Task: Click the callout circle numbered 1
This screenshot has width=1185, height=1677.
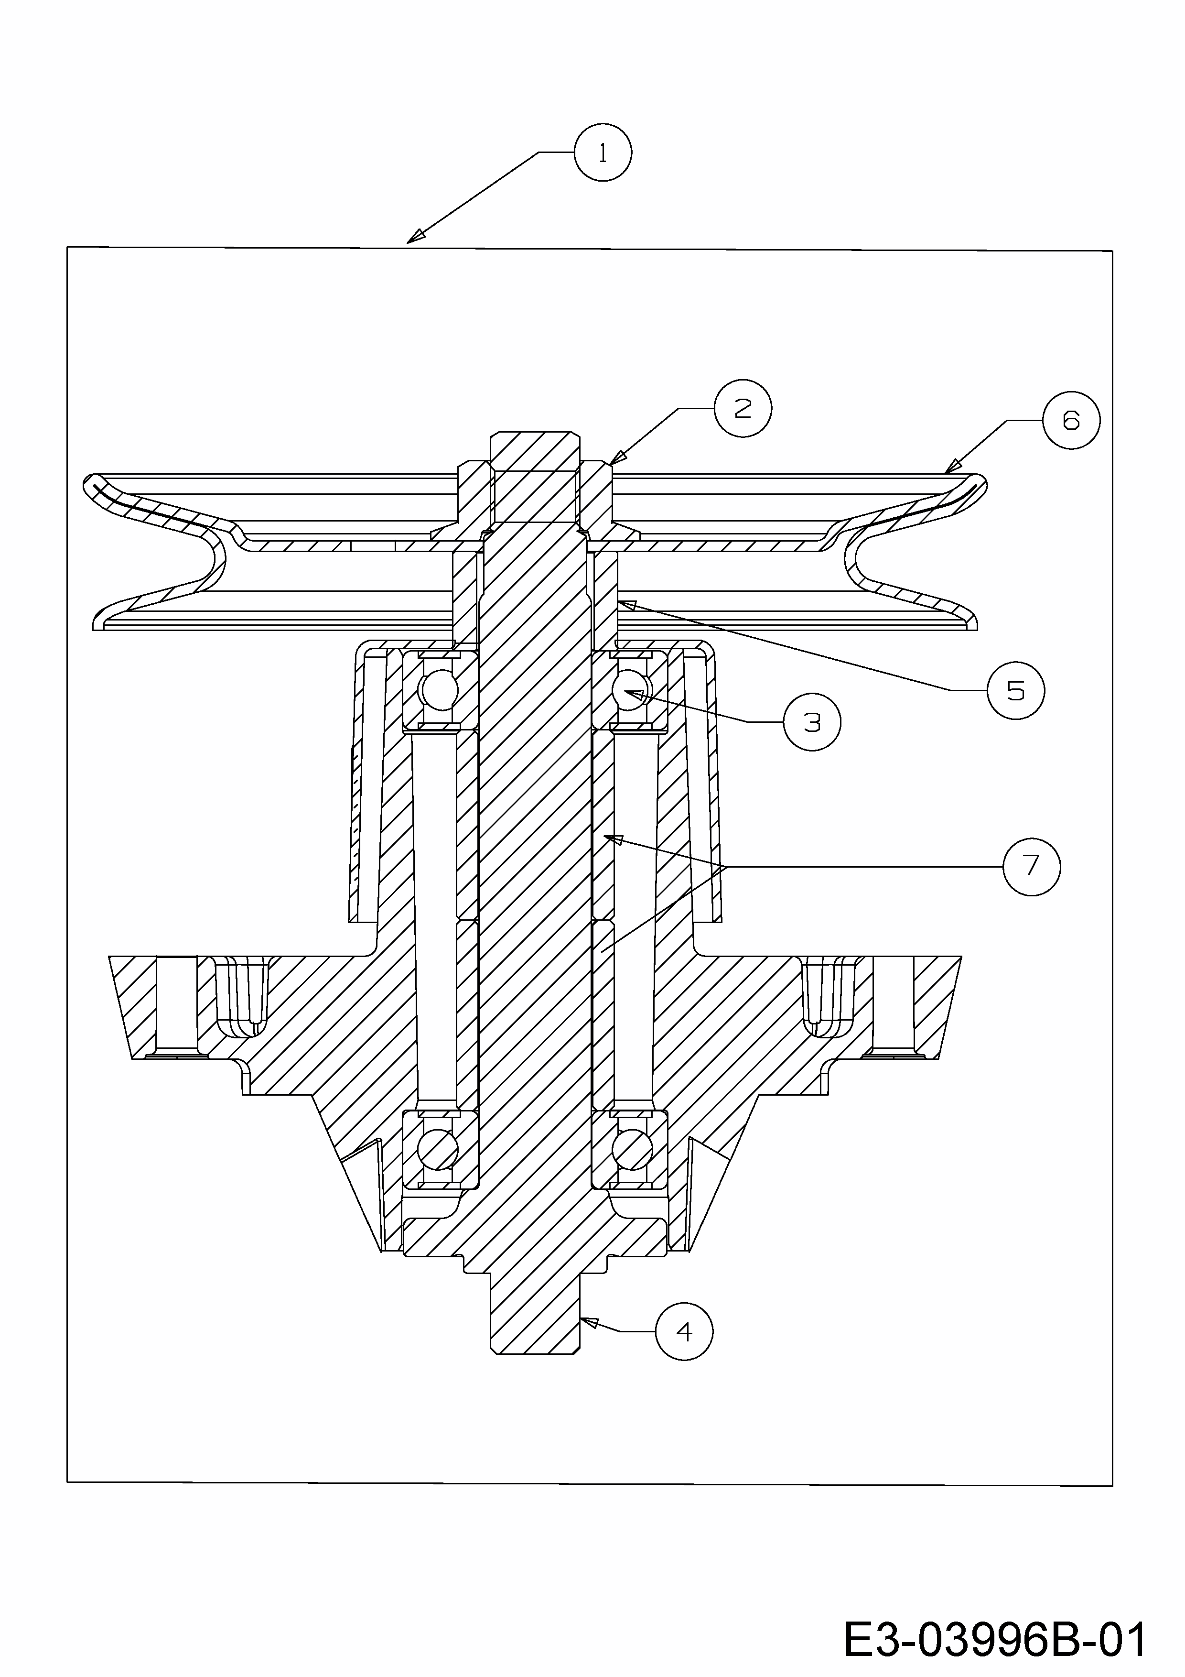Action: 603,152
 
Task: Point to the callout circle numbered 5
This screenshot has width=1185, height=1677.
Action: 1015,690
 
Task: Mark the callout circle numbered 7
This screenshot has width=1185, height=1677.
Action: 1031,866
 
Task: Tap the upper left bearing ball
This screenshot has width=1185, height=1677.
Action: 438,690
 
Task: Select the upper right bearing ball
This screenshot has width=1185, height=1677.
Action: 632,690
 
